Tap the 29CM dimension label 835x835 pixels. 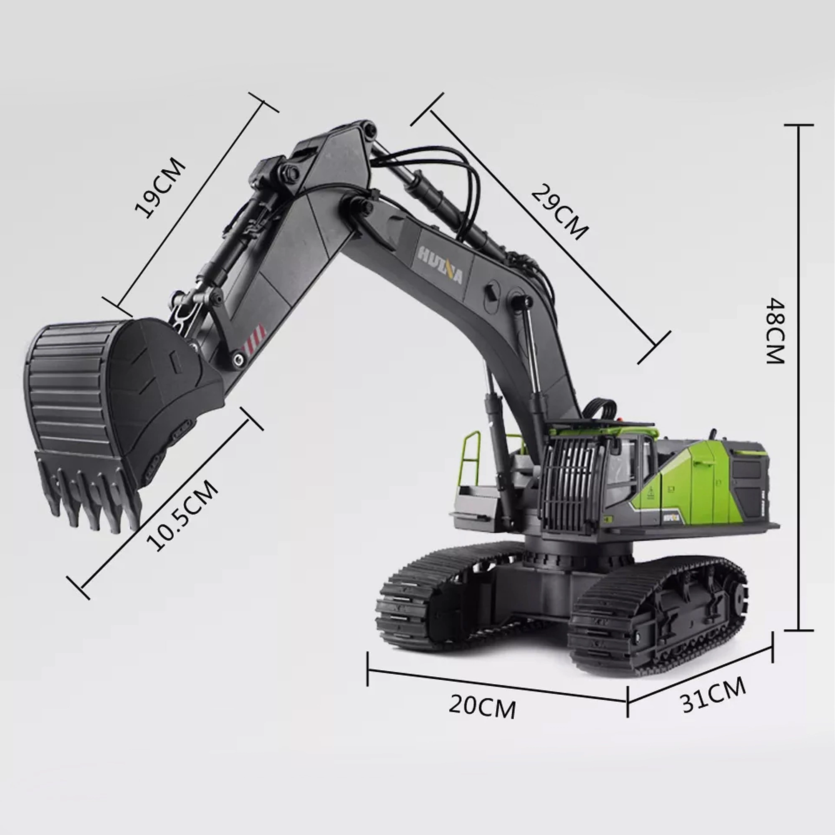(559, 212)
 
